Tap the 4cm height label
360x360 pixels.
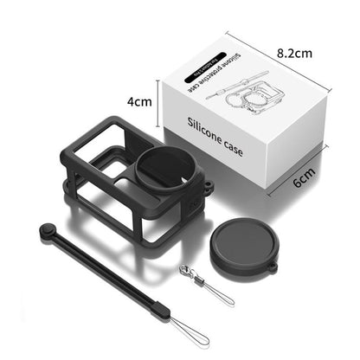point(139,101)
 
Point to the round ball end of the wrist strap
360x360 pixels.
point(45,229)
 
